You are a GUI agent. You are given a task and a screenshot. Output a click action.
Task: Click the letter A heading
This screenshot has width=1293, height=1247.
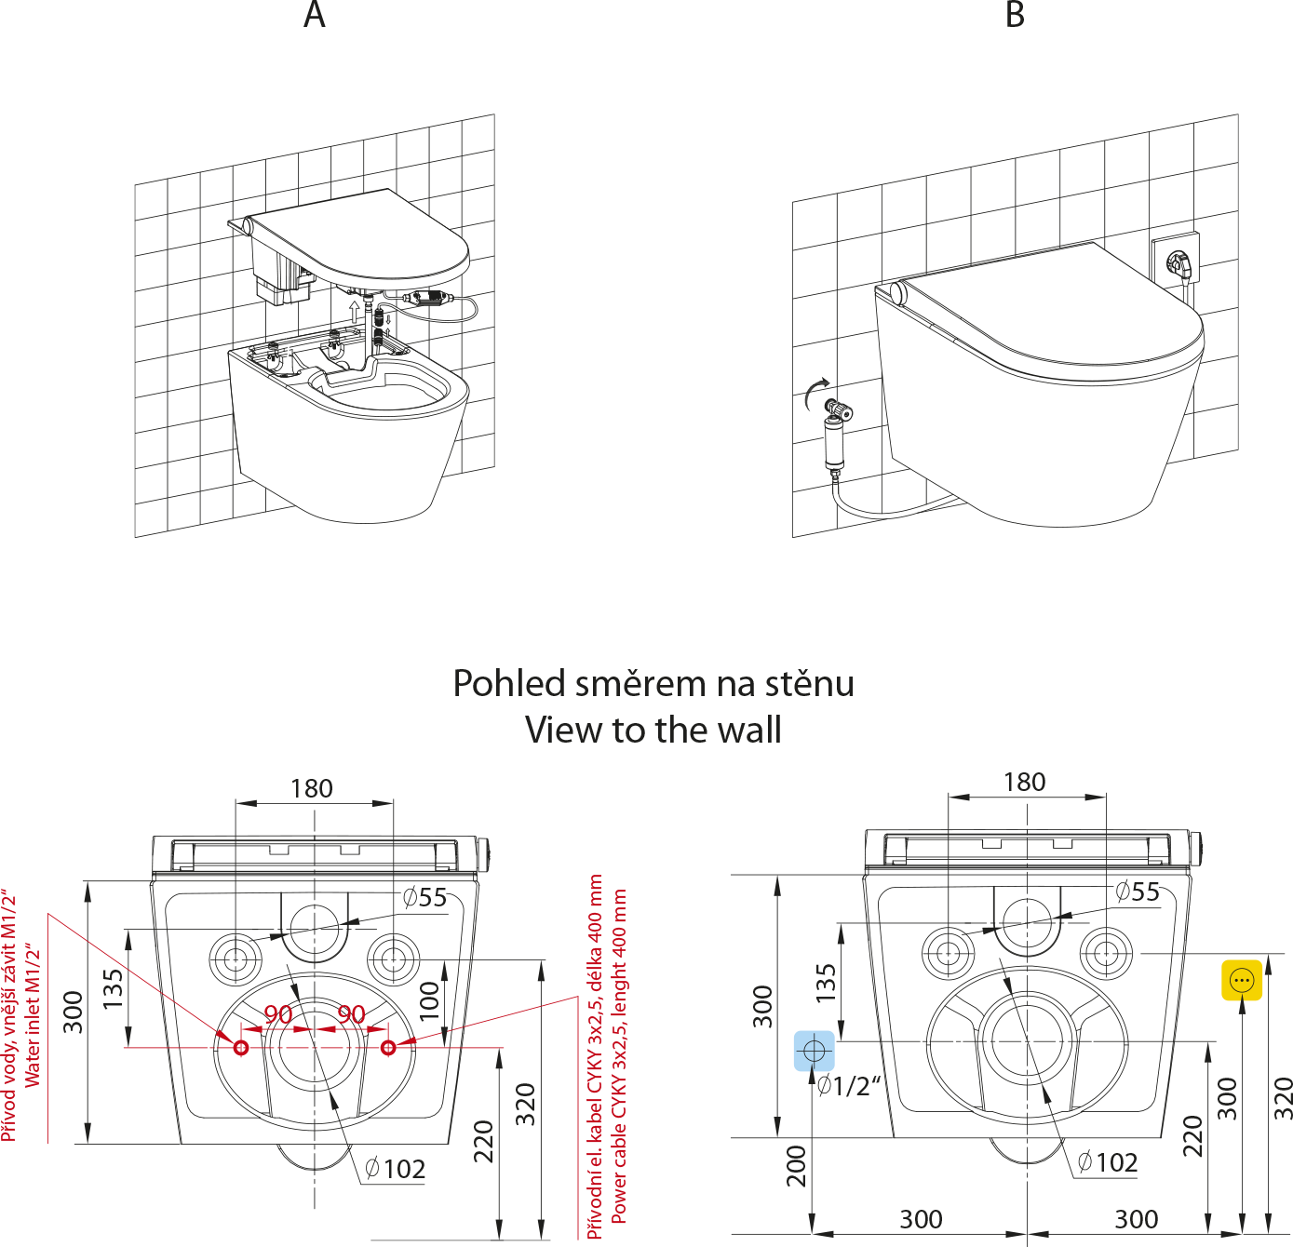(x=315, y=16)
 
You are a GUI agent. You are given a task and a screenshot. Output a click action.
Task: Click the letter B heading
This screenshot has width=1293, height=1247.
(x=1015, y=16)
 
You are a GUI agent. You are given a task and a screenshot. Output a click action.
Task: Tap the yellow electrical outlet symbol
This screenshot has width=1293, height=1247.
(x=1242, y=981)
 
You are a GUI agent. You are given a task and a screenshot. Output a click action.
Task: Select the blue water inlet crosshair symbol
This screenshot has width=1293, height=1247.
(x=815, y=1052)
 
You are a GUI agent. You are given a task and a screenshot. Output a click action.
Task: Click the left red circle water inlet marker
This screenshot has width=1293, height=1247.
(x=241, y=1048)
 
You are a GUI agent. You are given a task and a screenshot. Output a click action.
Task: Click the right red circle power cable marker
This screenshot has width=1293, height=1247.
(x=389, y=1048)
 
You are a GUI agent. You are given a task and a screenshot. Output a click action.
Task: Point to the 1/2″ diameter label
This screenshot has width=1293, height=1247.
(x=849, y=1085)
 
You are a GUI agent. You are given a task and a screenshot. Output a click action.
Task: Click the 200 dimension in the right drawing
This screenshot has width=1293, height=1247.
(x=797, y=1165)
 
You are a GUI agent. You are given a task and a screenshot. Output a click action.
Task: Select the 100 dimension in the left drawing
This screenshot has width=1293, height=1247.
(x=429, y=1001)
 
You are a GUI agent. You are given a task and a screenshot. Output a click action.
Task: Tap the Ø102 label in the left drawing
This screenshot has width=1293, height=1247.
(x=396, y=1169)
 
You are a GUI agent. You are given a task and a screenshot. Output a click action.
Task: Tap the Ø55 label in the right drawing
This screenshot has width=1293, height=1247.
(x=1138, y=892)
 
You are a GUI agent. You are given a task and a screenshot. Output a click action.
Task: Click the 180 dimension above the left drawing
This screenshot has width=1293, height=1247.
(x=311, y=789)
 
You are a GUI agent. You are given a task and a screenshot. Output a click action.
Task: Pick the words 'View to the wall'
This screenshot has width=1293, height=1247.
(x=653, y=731)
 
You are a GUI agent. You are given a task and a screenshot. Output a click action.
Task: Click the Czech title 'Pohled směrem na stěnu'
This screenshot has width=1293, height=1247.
(x=653, y=684)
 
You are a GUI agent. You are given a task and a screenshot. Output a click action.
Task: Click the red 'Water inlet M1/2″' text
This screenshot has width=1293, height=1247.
(x=34, y=1014)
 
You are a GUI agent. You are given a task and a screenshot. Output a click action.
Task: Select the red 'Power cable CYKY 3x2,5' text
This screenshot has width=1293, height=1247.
(x=619, y=1056)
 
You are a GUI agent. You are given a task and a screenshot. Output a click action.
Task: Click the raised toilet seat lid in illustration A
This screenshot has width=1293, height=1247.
(x=363, y=237)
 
